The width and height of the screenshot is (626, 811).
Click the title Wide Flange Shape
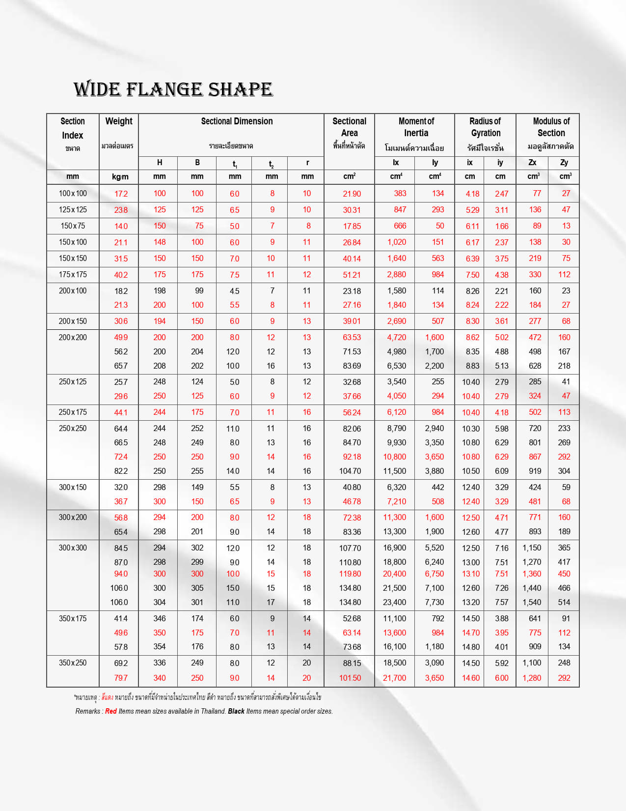173,89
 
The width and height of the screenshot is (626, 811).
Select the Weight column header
119,121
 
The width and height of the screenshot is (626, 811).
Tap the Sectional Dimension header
237,121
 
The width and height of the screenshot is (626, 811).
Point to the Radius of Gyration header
485,127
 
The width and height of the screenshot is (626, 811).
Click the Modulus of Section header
551,127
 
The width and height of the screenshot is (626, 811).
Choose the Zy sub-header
564,163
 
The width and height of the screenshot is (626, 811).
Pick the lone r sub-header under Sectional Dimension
307,163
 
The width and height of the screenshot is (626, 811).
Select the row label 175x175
73,275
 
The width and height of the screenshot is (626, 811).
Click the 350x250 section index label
73,663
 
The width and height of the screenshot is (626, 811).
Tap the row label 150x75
73,226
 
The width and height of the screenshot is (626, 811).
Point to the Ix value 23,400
394,603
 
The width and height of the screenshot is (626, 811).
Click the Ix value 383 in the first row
400,194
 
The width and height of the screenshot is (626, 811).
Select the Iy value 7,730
434,603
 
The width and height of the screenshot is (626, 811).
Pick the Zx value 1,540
532,603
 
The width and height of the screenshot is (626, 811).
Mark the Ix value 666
400,226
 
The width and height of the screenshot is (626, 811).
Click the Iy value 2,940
434,429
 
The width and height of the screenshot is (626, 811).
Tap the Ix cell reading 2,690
396,321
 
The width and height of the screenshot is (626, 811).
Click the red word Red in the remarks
111,711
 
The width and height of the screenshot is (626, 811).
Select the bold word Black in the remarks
236,711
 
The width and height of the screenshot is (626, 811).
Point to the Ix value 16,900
394,548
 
